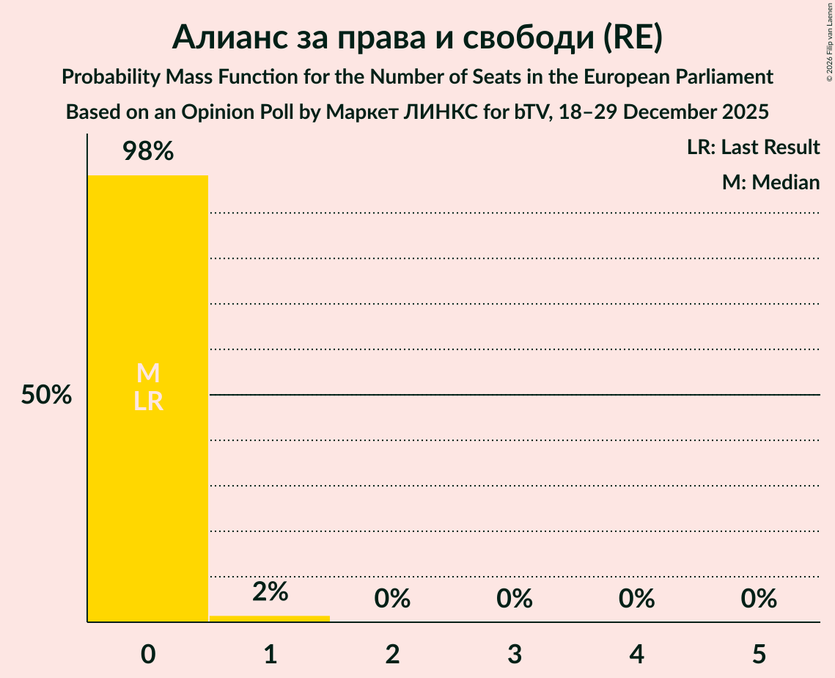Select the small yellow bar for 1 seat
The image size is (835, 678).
click(269, 619)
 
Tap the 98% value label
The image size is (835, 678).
click(147, 152)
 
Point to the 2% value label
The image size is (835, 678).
click(270, 591)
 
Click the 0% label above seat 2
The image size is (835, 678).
click(392, 599)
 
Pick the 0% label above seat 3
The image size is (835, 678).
click(514, 599)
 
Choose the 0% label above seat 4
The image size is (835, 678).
click(636, 599)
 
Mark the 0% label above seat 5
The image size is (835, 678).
click(758, 599)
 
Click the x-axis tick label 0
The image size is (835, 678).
click(148, 654)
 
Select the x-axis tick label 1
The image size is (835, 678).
click(270, 654)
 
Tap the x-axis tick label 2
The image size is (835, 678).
click(392, 654)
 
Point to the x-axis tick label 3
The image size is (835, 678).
click(514, 654)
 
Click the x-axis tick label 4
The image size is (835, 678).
click(636, 654)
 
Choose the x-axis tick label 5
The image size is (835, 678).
click(758, 654)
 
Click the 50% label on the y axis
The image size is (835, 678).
click(46, 395)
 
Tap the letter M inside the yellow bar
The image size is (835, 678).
click(148, 373)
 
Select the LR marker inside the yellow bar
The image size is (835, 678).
click(148, 401)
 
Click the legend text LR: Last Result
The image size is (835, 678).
click(753, 147)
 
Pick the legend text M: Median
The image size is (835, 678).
click(770, 182)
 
